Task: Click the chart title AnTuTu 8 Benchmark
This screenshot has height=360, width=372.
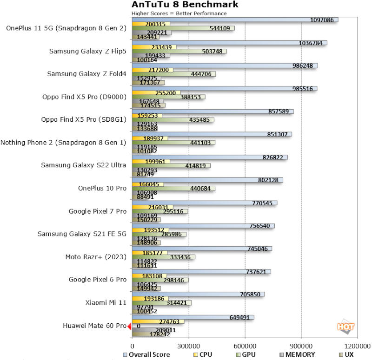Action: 185,5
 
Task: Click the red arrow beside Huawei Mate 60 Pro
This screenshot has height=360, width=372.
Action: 130,326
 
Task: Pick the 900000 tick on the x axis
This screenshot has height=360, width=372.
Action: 301,347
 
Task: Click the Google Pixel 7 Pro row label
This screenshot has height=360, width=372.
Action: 97,211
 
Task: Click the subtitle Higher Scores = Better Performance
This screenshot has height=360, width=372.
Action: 179,13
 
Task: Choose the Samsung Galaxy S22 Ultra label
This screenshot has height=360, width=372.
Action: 84,165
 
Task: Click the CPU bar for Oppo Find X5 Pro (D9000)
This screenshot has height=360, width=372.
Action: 149,92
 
